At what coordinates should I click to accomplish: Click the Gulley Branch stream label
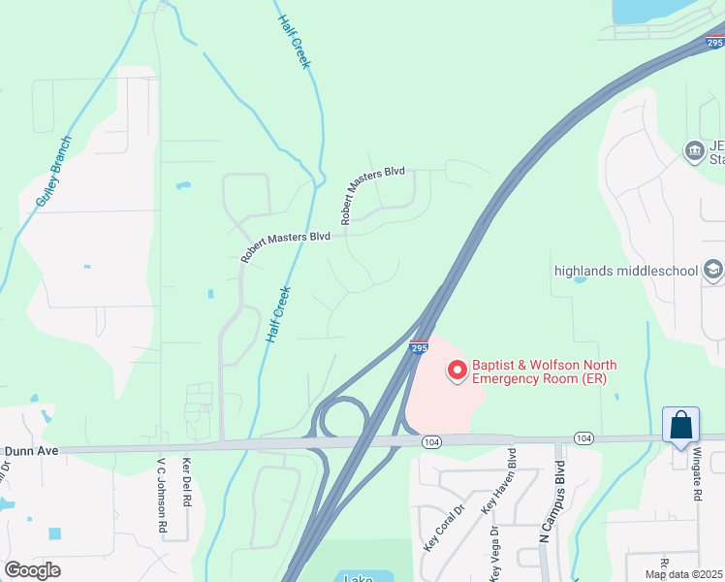point(53,171)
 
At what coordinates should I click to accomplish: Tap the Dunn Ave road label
point(31,450)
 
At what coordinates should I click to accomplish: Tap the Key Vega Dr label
point(496,548)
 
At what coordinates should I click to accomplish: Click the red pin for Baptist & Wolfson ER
point(457,370)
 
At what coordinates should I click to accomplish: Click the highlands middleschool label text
point(625,270)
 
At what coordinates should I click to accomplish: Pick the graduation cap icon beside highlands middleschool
point(712,269)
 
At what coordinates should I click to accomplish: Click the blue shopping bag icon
point(680,426)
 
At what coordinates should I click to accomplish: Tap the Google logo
point(32,569)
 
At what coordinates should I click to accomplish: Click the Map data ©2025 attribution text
point(682,574)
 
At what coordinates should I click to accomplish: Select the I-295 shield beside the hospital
point(418,347)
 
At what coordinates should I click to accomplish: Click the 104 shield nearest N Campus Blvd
point(583,438)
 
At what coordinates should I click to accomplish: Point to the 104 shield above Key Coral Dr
point(432,441)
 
